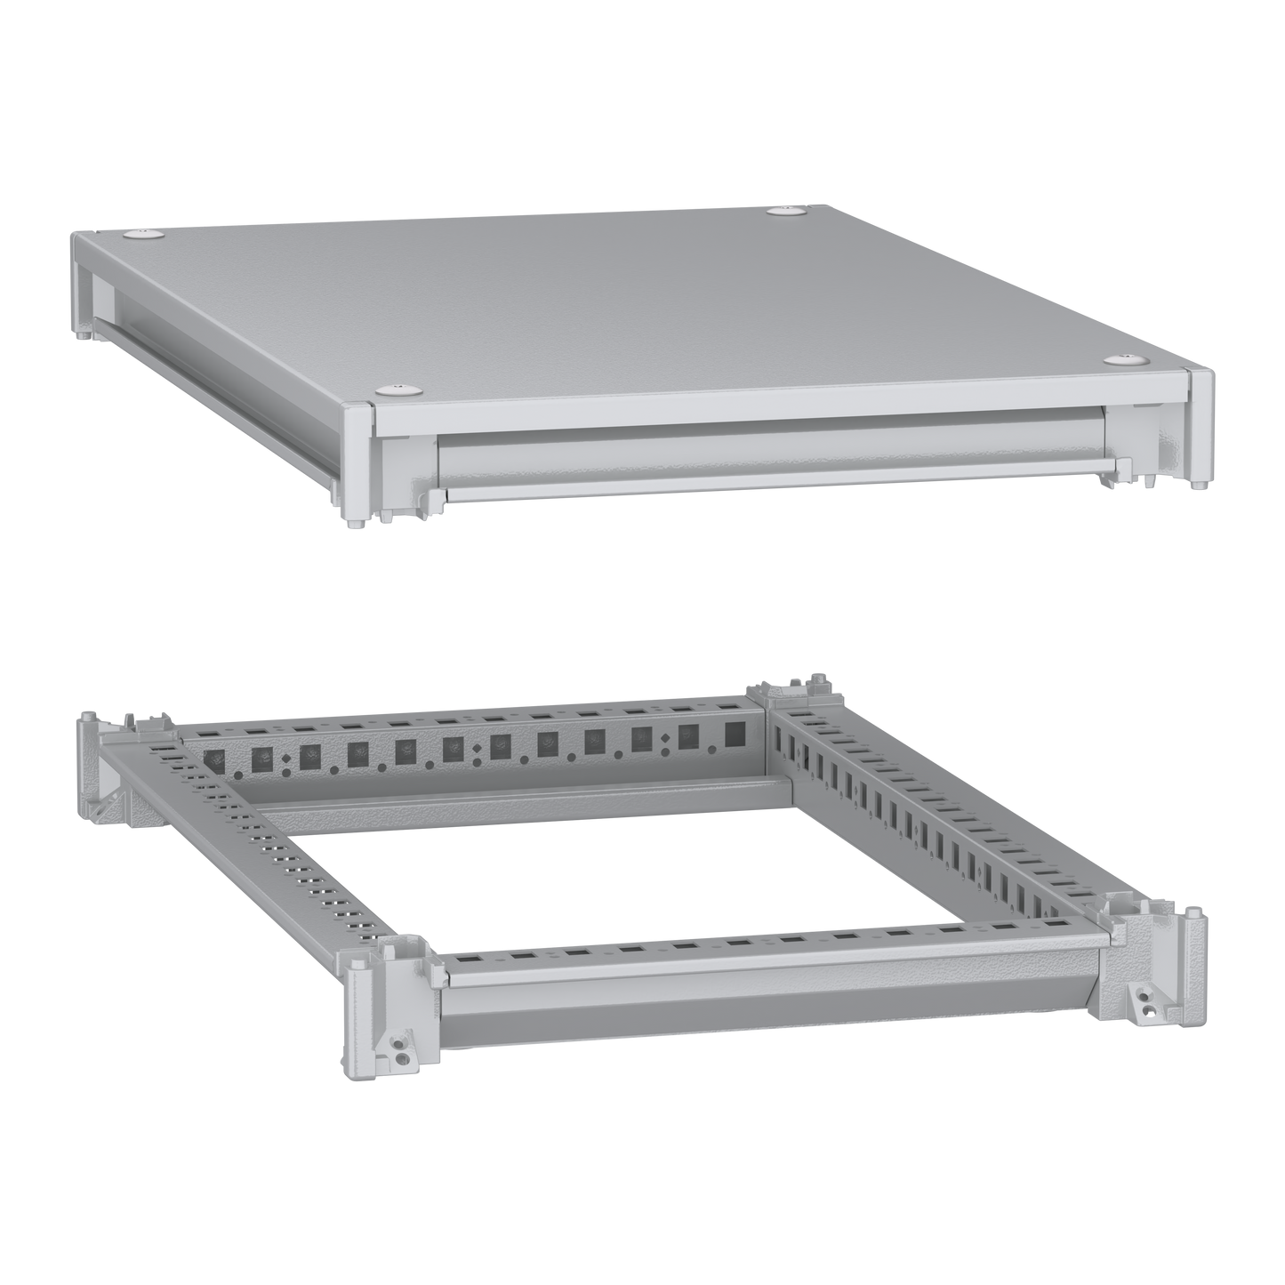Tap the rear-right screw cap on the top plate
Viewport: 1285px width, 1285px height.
click(x=783, y=211)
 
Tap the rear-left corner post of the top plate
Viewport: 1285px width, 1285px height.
click(x=81, y=285)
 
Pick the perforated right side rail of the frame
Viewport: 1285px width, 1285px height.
click(x=934, y=827)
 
